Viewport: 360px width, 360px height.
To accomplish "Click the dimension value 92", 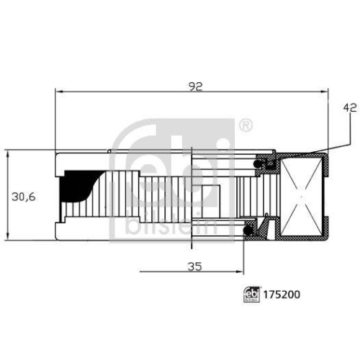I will point(196,85).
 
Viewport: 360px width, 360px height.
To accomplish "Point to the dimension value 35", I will point(192,266).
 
